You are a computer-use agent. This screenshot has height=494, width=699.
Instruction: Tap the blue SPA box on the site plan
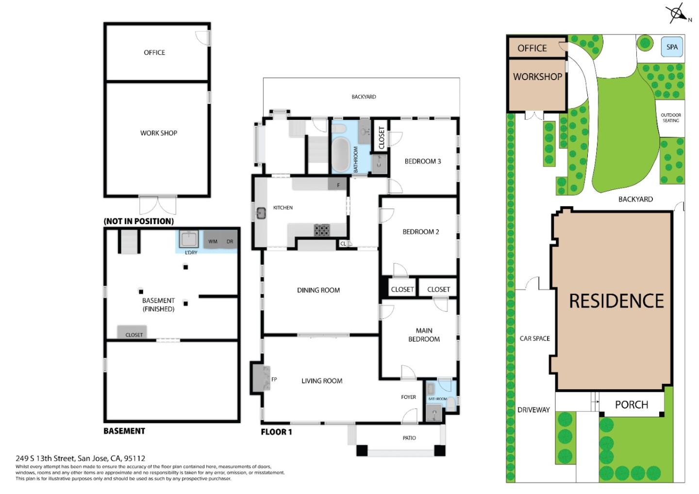(672, 47)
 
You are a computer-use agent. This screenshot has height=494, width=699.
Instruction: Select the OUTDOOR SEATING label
(671, 118)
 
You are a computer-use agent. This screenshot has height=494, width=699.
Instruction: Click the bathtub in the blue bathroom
(340, 155)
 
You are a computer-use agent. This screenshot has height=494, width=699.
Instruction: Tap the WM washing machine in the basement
(213, 241)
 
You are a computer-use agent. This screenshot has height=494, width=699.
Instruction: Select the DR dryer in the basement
(230, 241)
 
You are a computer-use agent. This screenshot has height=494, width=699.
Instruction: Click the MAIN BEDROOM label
(424, 335)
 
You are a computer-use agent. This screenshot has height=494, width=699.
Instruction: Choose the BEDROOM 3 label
(423, 161)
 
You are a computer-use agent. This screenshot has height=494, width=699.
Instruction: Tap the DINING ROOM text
(318, 290)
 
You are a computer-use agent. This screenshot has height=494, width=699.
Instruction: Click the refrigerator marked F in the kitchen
(338, 184)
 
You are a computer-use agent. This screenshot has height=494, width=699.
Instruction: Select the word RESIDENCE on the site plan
(616, 301)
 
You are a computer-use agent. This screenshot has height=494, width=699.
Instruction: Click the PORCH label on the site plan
(631, 405)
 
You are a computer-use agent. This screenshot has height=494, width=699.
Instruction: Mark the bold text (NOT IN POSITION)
(139, 221)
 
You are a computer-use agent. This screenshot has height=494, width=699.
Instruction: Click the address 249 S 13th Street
(81, 458)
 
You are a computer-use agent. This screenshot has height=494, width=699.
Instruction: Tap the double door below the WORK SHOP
(158, 205)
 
